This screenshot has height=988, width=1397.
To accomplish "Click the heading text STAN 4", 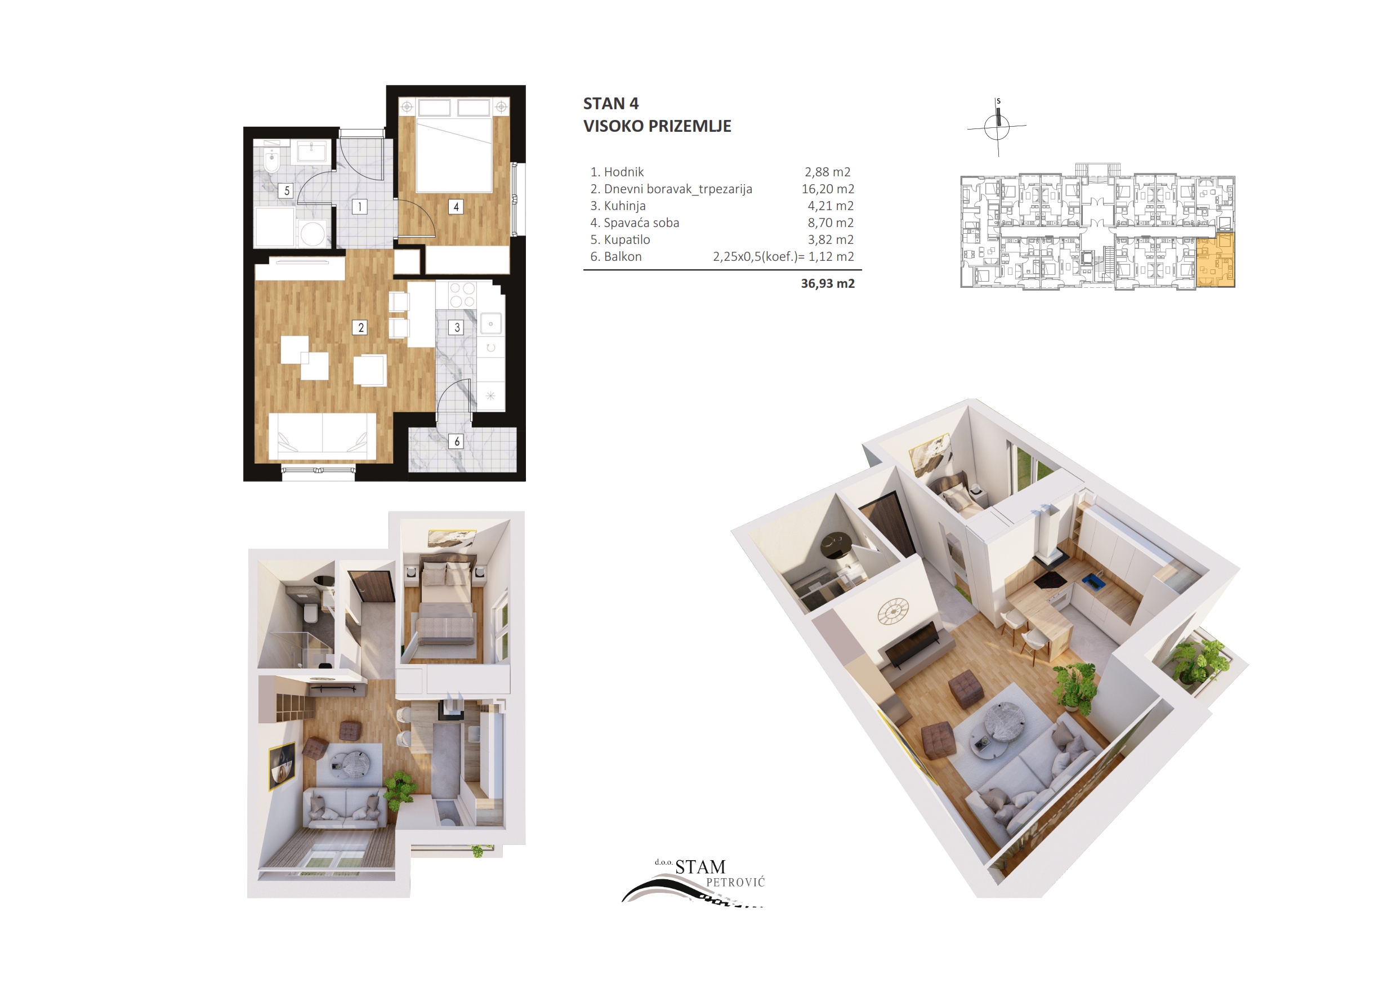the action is (x=610, y=104).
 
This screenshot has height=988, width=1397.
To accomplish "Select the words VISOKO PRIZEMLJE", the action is (x=657, y=126).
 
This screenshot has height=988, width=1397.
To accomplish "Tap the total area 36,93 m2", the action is (x=828, y=283).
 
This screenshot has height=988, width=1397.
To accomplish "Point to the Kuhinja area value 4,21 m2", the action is (x=831, y=206).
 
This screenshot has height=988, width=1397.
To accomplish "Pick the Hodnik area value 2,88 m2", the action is (x=828, y=172).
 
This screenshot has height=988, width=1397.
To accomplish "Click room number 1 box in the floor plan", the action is (x=360, y=206).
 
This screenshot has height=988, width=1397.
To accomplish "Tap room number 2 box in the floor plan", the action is (x=361, y=327).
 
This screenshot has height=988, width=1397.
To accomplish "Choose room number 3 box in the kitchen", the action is (x=457, y=327).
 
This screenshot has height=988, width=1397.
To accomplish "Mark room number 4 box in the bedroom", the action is (x=456, y=206).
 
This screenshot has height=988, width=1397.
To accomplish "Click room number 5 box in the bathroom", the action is (x=287, y=190).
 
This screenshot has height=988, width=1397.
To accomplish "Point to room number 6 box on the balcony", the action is (x=457, y=442).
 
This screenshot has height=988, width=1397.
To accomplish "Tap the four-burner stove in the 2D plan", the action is (x=462, y=295).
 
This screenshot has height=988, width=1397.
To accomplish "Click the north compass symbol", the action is (x=997, y=127).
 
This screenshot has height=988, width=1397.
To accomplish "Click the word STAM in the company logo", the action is (x=700, y=867).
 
